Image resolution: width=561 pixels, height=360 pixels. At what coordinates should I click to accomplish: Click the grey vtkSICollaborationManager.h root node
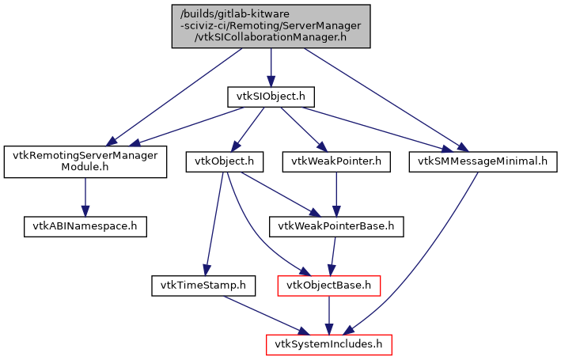click(x=271, y=26)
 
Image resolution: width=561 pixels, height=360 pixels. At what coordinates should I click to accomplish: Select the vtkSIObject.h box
click(x=271, y=97)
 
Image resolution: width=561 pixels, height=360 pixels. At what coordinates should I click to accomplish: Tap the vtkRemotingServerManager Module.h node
click(x=85, y=161)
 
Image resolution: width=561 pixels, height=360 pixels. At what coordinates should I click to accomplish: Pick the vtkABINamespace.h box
click(x=85, y=225)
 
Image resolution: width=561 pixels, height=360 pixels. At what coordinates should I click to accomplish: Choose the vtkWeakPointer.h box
click(x=337, y=161)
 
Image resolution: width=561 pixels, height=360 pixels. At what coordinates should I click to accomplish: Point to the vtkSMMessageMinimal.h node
click(x=483, y=161)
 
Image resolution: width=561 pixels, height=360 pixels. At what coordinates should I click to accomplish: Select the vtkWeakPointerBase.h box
click(x=337, y=226)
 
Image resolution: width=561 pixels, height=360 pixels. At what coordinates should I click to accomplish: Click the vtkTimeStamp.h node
click(x=203, y=284)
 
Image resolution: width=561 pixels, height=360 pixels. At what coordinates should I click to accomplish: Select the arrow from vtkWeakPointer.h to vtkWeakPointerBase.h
click(x=337, y=194)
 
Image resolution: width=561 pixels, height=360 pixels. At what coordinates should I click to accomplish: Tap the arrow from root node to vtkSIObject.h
click(x=271, y=67)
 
